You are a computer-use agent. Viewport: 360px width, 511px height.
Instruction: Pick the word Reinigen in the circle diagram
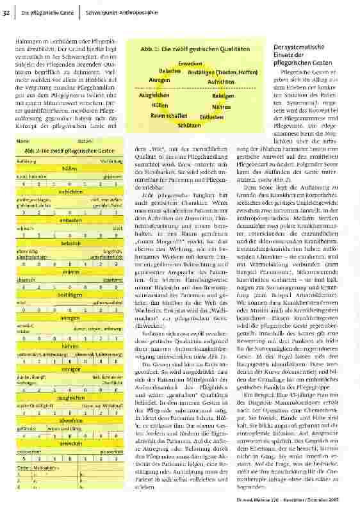(x=222, y=95)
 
